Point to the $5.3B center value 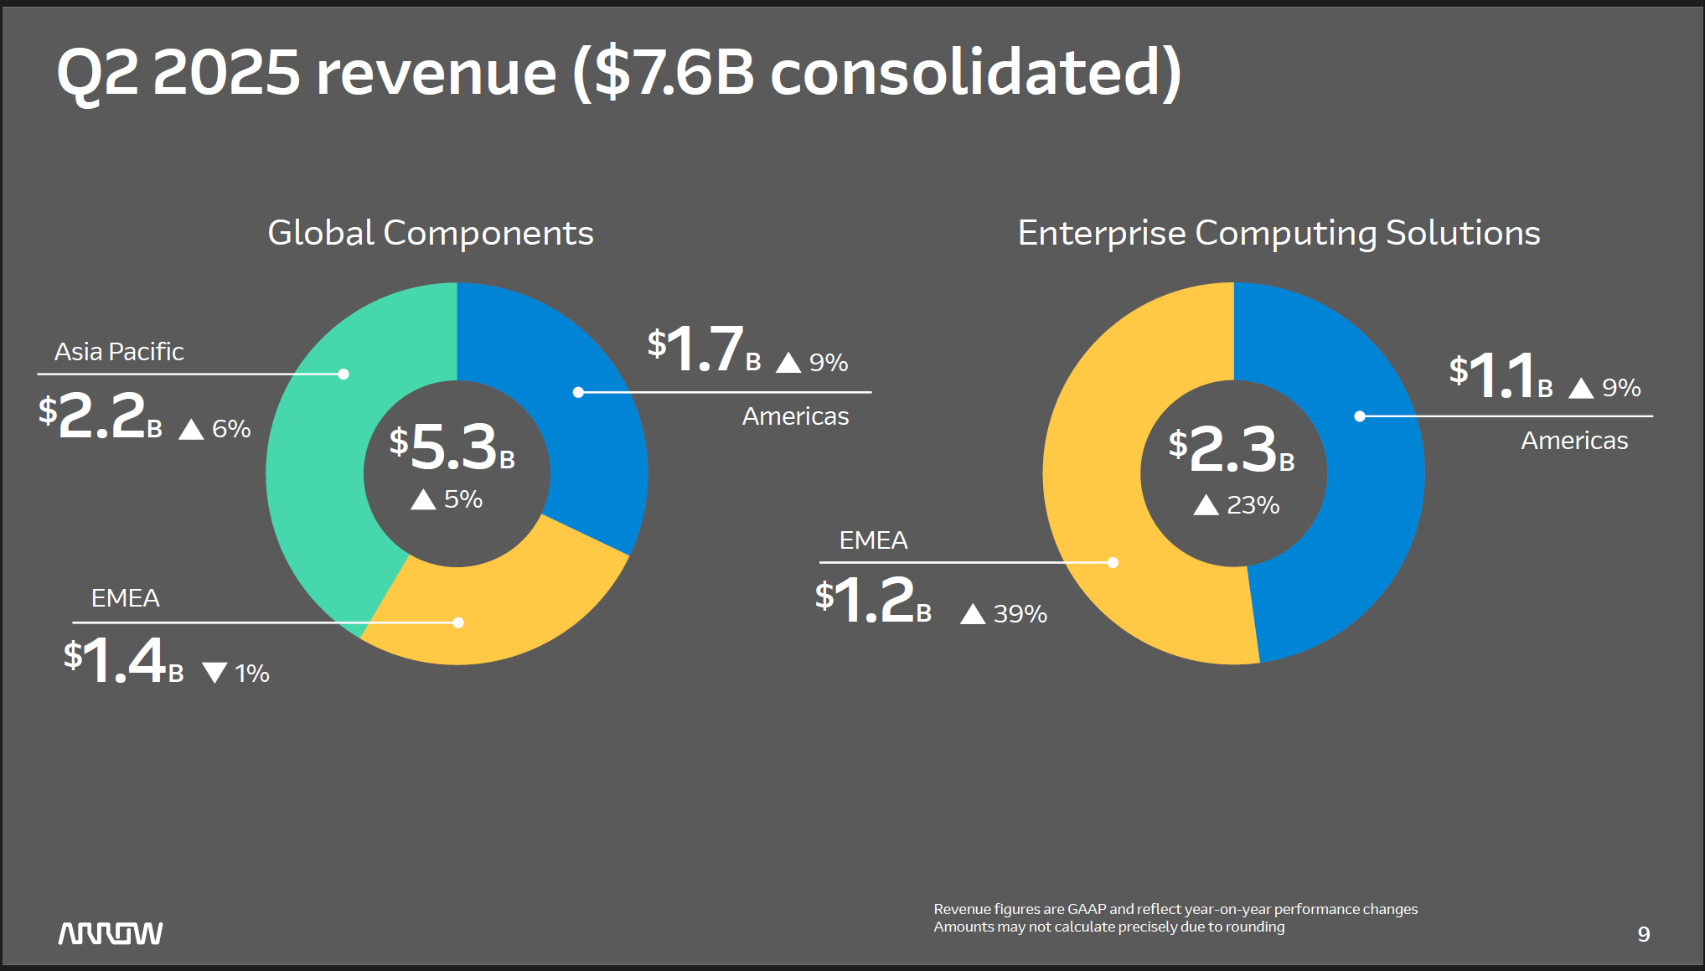452,447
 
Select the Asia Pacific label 119,352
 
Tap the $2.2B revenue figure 101,416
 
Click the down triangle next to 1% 215,673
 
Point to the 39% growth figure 1020,614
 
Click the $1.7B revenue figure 704,349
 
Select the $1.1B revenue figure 1501,375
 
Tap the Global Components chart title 431,233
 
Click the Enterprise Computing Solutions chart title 1279,233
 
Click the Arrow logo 111,933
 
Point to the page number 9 1644,934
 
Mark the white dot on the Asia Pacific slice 344,374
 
